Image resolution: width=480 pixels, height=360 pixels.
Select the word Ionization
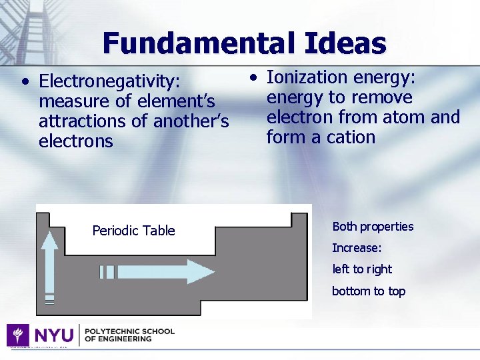307,77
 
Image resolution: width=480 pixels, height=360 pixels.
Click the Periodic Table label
133,231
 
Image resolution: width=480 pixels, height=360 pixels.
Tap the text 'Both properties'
373,227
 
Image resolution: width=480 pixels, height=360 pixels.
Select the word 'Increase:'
357,248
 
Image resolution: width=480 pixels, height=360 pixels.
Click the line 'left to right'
362,269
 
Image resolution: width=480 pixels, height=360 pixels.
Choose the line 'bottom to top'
369,291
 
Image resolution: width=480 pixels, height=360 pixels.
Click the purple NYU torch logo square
17,335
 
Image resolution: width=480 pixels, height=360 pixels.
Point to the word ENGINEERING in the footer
126,339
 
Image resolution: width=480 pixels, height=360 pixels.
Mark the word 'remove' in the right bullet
382,97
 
